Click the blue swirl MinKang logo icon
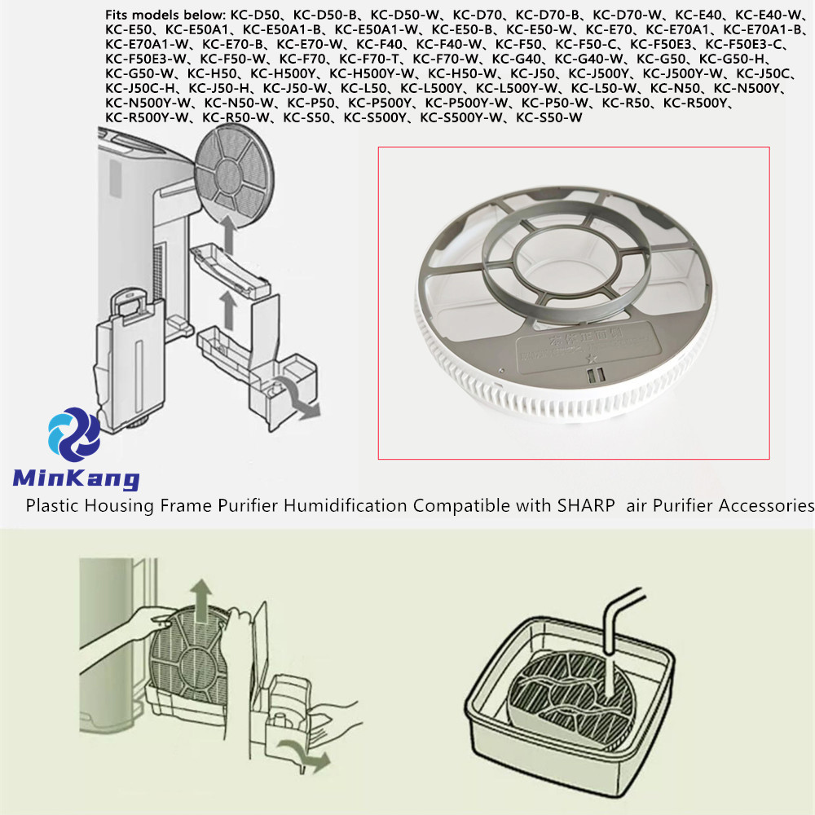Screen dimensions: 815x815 click(74, 434)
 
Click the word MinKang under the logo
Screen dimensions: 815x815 click(76, 478)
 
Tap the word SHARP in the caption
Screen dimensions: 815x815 click(586, 505)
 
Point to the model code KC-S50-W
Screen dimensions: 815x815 click(548, 118)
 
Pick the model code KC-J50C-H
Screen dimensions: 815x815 click(140, 88)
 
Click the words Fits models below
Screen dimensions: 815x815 click(165, 15)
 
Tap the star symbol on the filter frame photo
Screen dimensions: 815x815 click(591, 359)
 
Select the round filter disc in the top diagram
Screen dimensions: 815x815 click(234, 176)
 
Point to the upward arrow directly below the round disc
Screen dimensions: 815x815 click(227, 235)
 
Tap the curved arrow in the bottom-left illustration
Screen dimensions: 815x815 click(306, 755)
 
